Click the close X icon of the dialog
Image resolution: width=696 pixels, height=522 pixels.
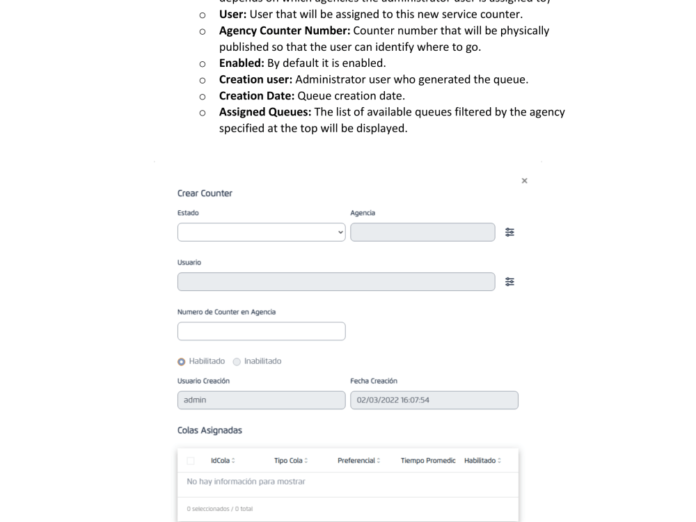click(524, 181)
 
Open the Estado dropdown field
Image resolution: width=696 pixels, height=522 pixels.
click(261, 232)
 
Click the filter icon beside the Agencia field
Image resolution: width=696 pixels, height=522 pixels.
click(510, 232)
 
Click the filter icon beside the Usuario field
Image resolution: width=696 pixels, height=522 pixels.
click(510, 282)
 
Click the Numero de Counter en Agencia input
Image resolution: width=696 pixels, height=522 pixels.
click(261, 331)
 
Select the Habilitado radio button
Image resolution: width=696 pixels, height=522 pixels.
click(182, 361)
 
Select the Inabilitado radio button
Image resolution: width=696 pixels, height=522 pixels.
click(237, 361)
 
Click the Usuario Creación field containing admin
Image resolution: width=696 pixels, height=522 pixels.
click(261, 400)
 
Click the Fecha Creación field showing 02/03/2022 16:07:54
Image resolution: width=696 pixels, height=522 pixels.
click(434, 400)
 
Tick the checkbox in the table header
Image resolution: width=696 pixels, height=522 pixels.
click(191, 461)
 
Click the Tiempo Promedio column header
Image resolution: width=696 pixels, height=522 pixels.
click(428, 461)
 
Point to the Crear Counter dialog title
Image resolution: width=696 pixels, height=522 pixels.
click(205, 193)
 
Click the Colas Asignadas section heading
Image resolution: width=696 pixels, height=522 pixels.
click(209, 431)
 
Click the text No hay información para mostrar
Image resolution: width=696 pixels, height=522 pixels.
click(246, 482)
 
